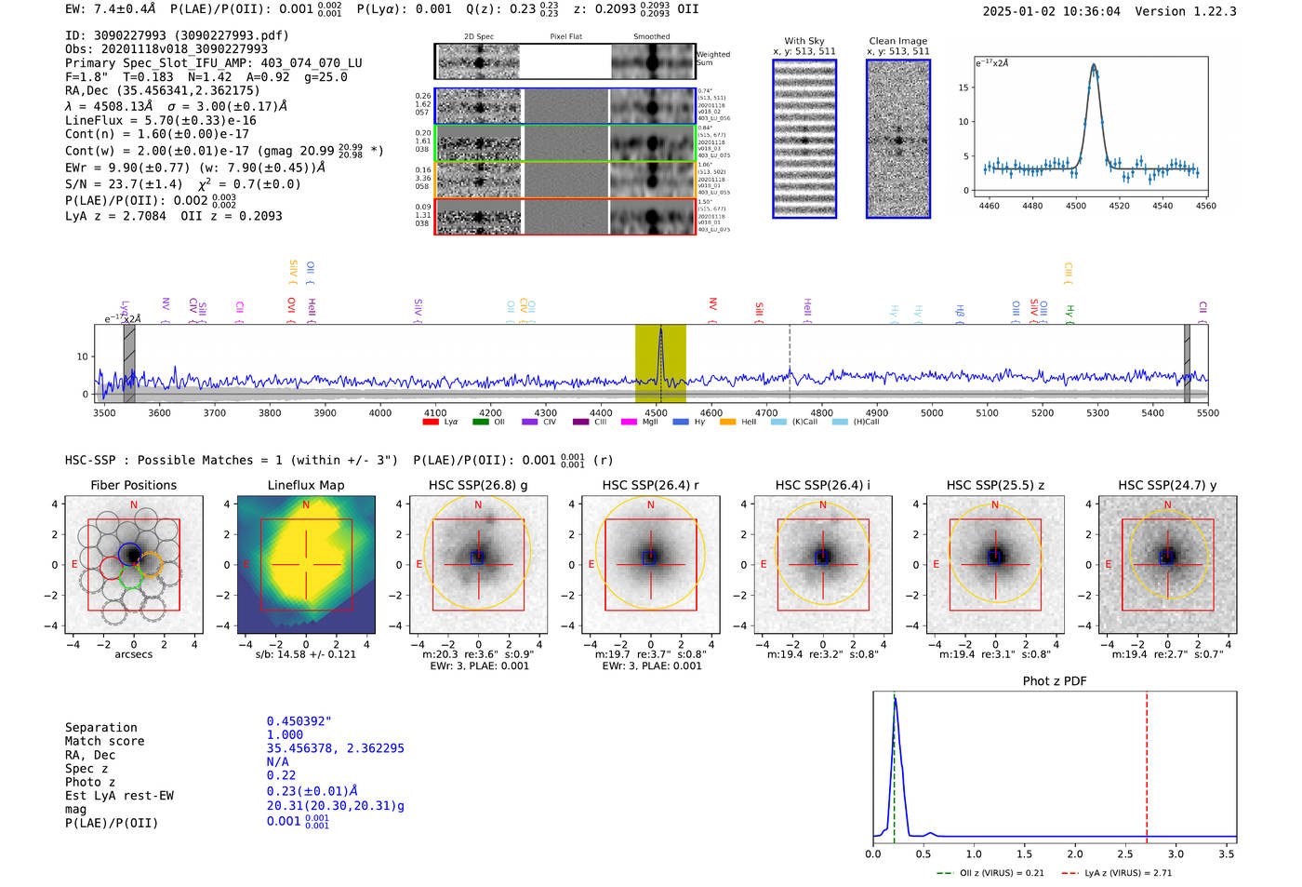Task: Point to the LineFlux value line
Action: (x=160, y=120)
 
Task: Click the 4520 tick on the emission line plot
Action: (x=1119, y=206)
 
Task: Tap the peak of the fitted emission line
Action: (x=1094, y=65)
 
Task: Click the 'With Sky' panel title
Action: (x=804, y=41)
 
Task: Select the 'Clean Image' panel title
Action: (x=897, y=41)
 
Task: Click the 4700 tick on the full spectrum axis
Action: (x=766, y=413)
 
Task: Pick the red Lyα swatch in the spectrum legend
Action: (x=431, y=423)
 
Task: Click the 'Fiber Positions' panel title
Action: (x=133, y=485)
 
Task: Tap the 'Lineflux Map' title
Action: (x=305, y=485)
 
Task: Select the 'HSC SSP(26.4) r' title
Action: (x=650, y=485)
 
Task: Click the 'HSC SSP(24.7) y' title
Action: (x=1167, y=485)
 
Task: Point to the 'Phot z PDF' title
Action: (x=1055, y=681)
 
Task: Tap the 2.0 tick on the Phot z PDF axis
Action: (x=1075, y=853)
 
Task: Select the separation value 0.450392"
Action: (x=299, y=721)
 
